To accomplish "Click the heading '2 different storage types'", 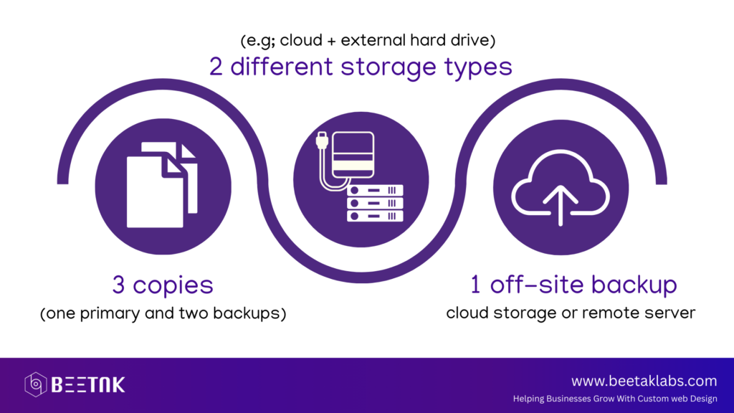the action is coord(361,67).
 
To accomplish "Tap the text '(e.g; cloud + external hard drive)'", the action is coord(368,40).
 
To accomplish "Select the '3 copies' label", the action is coord(163,285).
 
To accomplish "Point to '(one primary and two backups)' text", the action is coord(163,313).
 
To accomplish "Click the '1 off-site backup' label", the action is coord(573,284).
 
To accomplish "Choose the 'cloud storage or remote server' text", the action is coord(571,313).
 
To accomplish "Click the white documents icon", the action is coord(162,185).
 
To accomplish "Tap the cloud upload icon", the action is coord(561,188).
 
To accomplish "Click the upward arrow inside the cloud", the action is coord(561,206).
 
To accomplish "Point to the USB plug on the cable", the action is coord(322,140).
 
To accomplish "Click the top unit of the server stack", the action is coord(375,190).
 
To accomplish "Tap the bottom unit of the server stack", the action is coord(375,216).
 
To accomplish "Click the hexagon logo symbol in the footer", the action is coord(36,384).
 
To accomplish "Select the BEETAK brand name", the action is coord(88,385).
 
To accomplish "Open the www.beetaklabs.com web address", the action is coord(644,381).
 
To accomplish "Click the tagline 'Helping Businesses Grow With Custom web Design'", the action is coord(615,399).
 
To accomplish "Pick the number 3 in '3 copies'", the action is coord(118,285).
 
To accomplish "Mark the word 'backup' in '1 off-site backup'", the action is coord(634,284).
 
